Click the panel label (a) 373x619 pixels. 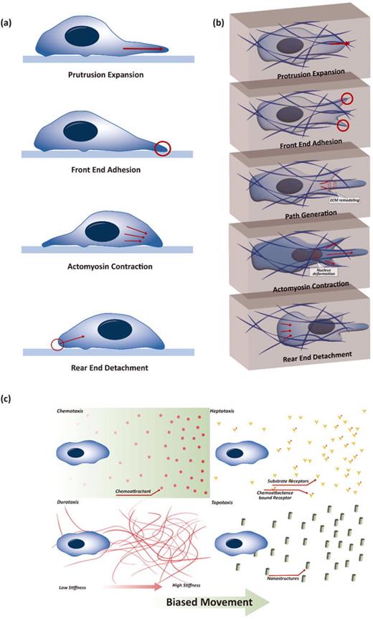(12, 11)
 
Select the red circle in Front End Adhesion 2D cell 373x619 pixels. (163, 149)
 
